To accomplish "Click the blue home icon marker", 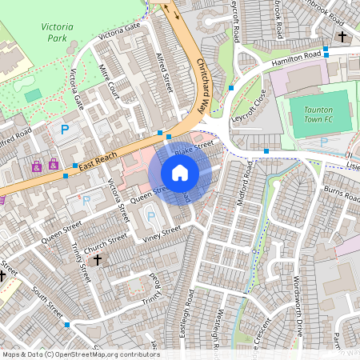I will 180,173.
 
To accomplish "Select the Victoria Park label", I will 57,32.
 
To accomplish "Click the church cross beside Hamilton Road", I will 342,37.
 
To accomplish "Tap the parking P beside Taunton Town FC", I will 324,142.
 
